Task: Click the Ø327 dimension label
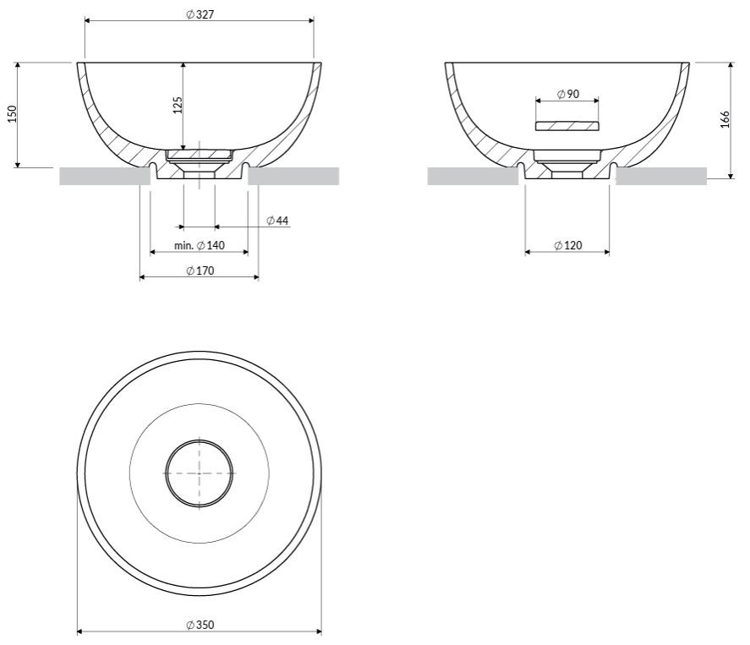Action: [x=199, y=15]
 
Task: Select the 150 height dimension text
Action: [x=12, y=114]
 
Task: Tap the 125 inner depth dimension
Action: [x=178, y=105]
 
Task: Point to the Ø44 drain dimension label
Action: [x=277, y=221]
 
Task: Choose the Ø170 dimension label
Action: [x=200, y=271]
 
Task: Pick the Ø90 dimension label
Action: [x=568, y=94]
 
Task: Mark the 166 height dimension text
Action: [x=725, y=119]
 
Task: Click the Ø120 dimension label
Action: [x=568, y=246]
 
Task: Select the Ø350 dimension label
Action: [x=200, y=625]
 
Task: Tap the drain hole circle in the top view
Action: [x=200, y=472]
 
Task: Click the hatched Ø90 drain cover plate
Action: [x=567, y=126]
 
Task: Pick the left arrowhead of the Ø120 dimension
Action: [x=528, y=251]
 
